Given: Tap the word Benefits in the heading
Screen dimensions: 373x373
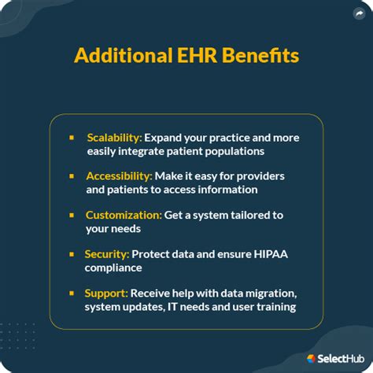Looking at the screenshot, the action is click(260, 55).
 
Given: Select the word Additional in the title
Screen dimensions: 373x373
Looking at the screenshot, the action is click(124, 55).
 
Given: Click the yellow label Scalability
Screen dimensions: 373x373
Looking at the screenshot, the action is click(114, 138).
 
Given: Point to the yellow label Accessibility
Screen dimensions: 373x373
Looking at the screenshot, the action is click(119, 176).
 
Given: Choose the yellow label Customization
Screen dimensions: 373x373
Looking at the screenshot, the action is click(124, 215).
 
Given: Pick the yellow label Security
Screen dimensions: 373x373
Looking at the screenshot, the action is click(107, 254).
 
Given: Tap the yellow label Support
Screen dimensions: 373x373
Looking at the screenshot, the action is click(106, 294).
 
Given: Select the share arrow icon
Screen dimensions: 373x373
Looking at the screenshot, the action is click(359, 13).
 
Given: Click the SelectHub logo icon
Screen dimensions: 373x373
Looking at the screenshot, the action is click(311, 359).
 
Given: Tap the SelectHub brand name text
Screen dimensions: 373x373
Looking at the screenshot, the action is click(341, 359).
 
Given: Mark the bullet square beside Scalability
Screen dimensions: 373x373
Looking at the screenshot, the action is click(72, 138).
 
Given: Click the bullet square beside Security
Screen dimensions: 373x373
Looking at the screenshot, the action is click(72, 254).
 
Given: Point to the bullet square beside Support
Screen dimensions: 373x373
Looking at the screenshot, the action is click(72, 294).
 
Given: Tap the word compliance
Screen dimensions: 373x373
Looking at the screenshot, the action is click(113, 268).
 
